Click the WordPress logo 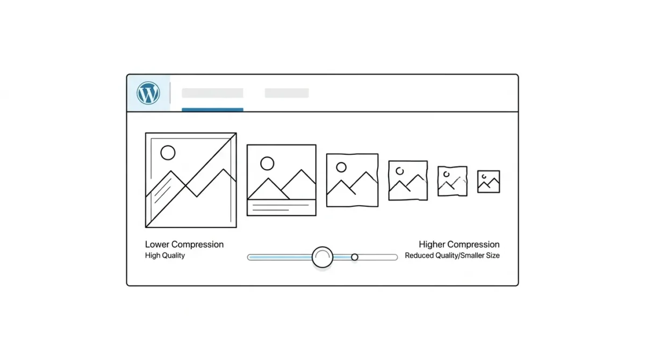(148, 93)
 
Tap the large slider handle (322, 257)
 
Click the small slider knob (355, 257)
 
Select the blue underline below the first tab (212, 110)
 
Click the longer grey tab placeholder (212, 93)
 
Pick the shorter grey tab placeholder (287, 93)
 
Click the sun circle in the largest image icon (168, 153)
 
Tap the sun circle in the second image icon (267, 163)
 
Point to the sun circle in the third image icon (341, 167)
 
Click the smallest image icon (489, 182)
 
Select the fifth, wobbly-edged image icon (453, 181)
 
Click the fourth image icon (408, 181)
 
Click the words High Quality (165, 255)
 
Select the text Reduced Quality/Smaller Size (452, 256)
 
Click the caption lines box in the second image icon (281, 207)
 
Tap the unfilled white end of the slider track (378, 257)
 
